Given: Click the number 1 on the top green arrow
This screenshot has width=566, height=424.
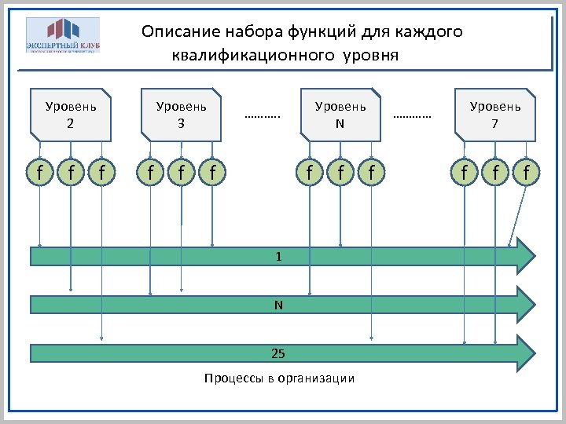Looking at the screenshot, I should [278, 257].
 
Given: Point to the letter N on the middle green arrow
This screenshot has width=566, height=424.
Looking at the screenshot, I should [278, 305].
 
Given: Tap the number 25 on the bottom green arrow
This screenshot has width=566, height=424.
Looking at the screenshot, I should [278, 353].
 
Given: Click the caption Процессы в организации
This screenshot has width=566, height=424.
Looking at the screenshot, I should [279, 378].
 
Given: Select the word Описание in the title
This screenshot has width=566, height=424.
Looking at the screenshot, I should [180, 32].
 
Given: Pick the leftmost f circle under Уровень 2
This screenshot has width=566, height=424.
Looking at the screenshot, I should [39, 170].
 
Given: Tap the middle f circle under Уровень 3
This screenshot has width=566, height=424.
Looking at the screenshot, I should [181, 170].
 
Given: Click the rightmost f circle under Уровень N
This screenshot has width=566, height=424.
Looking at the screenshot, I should [371, 170].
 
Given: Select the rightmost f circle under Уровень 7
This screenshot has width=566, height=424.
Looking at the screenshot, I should [526, 170].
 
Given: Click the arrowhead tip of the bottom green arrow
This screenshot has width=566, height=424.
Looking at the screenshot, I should [535, 353].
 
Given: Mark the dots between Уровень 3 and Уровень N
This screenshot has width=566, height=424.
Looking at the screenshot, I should [263, 115].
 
